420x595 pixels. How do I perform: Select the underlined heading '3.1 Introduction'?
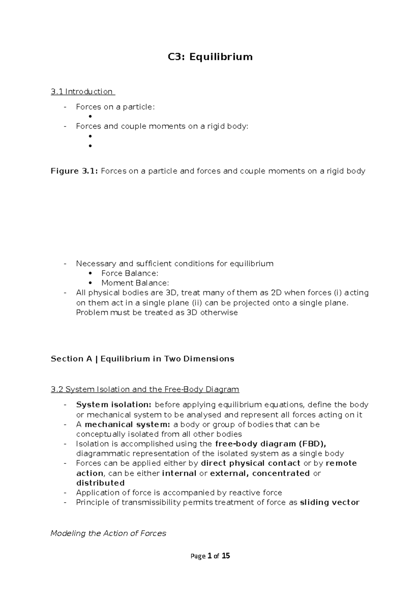tap(82, 91)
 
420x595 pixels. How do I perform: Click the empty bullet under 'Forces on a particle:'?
tap(90, 117)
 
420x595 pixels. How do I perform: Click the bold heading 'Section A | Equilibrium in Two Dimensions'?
tap(142, 359)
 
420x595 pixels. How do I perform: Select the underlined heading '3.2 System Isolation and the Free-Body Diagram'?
tap(145, 389)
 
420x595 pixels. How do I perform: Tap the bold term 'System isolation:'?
tap(114, 405)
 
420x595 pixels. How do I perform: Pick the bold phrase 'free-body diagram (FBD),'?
tap(271, 444)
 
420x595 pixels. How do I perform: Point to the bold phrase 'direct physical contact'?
tap(251, 463)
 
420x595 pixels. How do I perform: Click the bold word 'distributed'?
tap(100, 483)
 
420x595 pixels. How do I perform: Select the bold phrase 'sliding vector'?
tap(330, 502)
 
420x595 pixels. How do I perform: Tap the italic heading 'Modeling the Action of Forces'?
tap(108, 533)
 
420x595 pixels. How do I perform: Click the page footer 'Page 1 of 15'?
tap(210, 556)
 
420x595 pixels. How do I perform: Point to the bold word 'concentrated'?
tap(281, 473)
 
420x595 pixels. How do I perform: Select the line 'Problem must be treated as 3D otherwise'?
tap(157, 313)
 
